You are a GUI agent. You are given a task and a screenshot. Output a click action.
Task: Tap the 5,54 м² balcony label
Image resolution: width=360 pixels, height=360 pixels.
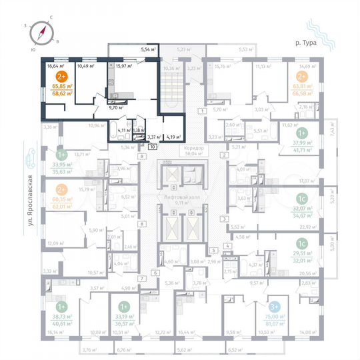[147, 49]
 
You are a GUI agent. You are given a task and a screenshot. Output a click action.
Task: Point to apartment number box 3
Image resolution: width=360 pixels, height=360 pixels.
[225, 219]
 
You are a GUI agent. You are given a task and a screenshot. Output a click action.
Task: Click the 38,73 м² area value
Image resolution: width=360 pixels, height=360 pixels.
[53, 317]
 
